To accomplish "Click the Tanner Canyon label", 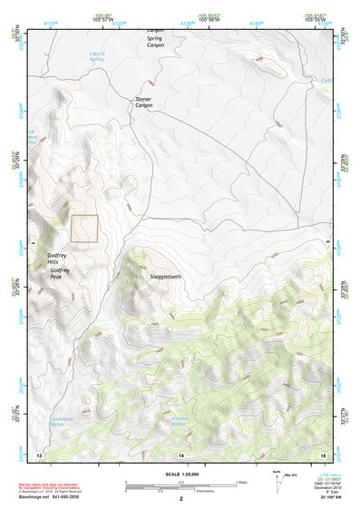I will coord(144,103).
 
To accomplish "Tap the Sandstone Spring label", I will coord(60,422).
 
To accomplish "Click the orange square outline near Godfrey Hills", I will coord(84,229).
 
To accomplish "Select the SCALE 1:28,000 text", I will coord(180,474).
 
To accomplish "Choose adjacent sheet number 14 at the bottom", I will coord(180,453).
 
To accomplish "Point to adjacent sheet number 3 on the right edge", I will coord(326,241).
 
